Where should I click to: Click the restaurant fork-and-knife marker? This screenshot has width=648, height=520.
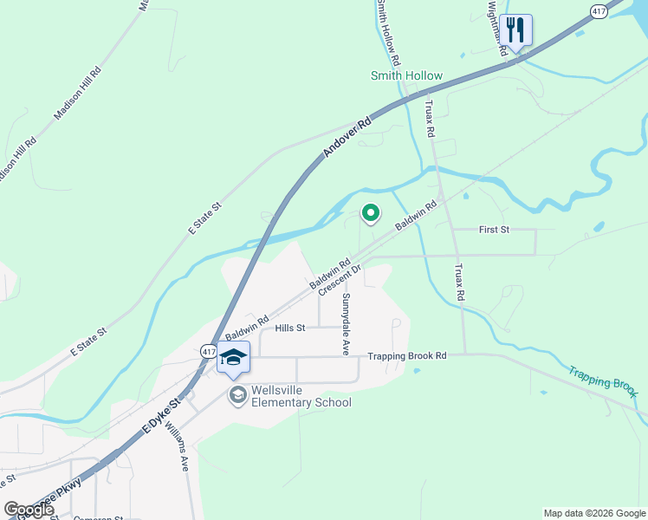[x=515, y=31]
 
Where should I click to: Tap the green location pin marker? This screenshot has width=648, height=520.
[x=371, y=212]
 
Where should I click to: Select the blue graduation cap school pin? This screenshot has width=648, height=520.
[x=233, y=358]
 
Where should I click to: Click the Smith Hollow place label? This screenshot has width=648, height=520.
[x=406, y=75]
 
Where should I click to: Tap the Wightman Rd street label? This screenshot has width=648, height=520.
[x=496, y=26]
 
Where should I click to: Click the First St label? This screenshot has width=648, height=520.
[x=494, y=230]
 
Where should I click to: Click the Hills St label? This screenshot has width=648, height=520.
[x=290, y=328]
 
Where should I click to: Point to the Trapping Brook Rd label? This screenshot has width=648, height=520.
[x=406, y=355]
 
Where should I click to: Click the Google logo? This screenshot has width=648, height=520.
[x=29, y=510]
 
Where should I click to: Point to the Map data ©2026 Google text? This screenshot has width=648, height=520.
[x=594, y=513]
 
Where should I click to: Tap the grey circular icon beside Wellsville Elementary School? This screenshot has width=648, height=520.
[x=237, y=396]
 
